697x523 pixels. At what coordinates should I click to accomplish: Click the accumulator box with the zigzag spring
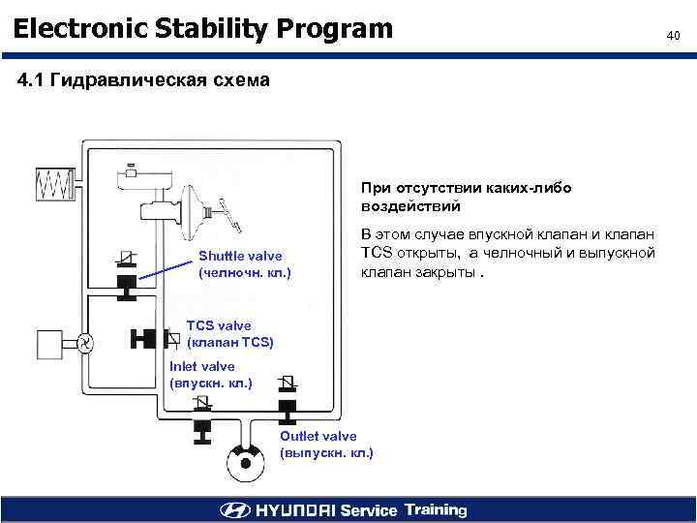coord(55,183)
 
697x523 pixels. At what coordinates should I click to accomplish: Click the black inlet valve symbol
coord(204,426)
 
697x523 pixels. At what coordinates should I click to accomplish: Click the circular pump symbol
coord(85,342)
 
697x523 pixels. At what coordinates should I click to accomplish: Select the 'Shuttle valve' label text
coord(240,256)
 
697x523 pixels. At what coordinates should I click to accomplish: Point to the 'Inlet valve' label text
coord(202,366)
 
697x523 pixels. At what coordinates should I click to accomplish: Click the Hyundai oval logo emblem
coord(234,510)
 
